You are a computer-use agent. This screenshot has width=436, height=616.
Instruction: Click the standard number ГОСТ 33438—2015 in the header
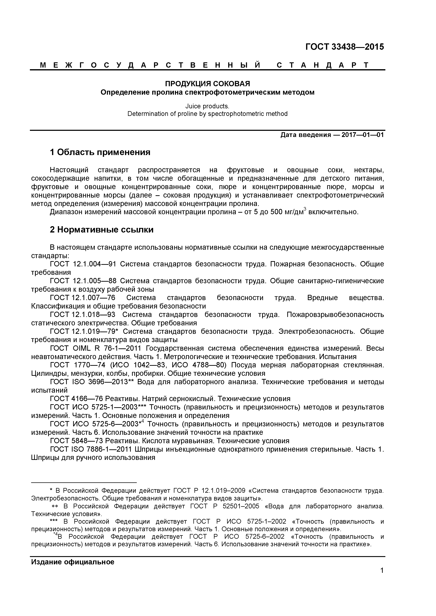[x=344, y=47]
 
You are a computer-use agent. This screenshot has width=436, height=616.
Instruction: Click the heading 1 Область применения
[x=100, y=152]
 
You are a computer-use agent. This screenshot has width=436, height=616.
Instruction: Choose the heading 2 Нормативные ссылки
[x=102, y=230]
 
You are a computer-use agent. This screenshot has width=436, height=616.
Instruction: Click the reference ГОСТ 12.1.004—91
[x=83, y=264]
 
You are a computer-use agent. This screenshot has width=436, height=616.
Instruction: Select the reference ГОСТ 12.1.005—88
[x=83, y=281]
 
